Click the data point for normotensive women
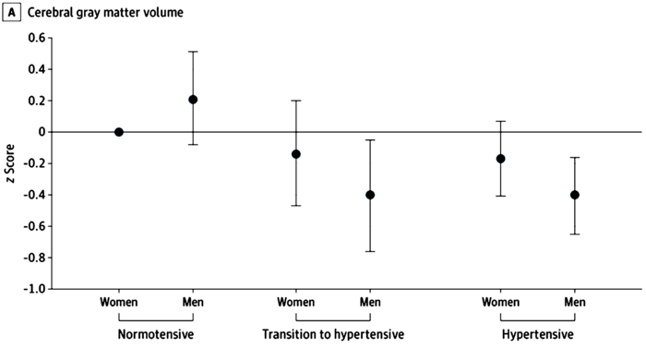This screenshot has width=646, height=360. coord(119,132)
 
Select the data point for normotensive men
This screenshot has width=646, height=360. coord(193,100)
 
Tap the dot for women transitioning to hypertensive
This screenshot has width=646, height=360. coord(296,154)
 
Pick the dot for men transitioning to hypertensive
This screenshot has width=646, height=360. coord(370,195)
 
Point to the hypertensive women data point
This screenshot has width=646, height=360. coord(500,159)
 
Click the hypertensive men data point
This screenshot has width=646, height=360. coord(575,195)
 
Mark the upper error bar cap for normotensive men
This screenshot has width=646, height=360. coord(193,52)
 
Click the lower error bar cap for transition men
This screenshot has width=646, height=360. coord(370,251)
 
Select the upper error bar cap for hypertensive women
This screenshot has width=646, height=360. coord(500,121)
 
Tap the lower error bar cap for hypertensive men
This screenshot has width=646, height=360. coord(575,234)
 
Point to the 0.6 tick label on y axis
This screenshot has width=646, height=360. coord(37,38)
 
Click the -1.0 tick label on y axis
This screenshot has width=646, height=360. coord(34,289)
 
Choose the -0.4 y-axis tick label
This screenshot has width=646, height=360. coord(34,195)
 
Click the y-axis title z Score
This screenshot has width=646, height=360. coord(10,163)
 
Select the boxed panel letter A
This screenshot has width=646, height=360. coord(11,12)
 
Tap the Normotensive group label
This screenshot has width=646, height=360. coord(156,334)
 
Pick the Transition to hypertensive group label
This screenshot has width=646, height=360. coord(333,334)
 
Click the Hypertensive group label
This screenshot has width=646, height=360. coord(538,334)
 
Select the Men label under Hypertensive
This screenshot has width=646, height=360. coord(575,303)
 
